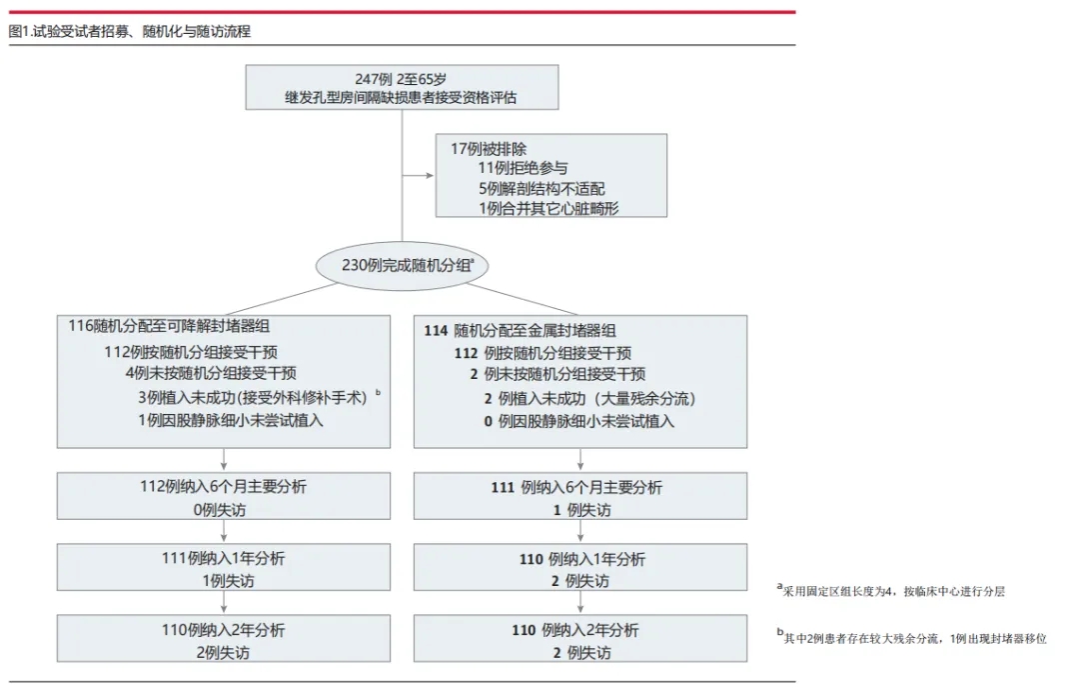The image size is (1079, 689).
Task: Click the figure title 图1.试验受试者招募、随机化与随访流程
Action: pyautogui.click(x=130, y=31)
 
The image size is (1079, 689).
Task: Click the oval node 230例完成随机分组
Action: pyautogui.click(x=402, y=265)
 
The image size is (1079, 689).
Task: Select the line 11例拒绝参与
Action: pyautogui.click(x=523, y=168)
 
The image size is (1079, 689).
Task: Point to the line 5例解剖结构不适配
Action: pyautogui.click(x=541, y=188)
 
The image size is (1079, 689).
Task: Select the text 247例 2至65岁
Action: pyautogui.click(x=401, y=79)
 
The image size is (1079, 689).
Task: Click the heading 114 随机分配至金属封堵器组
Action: pyautogui.click(x=520, y=330)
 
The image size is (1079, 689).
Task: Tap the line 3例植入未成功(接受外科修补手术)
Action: pyautogui.click(x=254, y=396)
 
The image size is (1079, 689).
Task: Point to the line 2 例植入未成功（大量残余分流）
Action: pyautogui.click(x=582, y=398)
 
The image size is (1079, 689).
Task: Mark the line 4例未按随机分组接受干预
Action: pyautogui.click(x=211, y=373)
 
